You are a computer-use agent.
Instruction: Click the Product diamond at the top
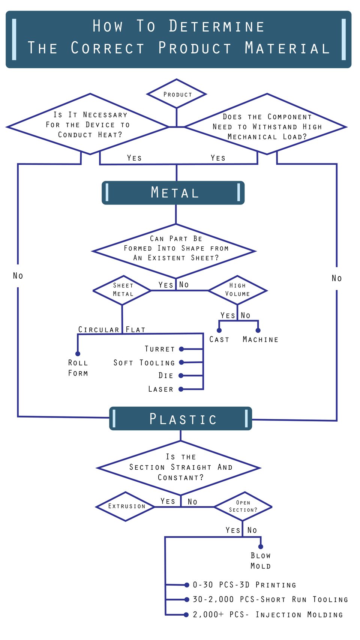tap(177, 94)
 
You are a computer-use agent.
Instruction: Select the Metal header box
tap(173, 193)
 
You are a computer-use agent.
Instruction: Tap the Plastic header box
tap(181, 419)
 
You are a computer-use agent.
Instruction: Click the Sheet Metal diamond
tap(123, 290)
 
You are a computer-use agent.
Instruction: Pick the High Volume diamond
tap(237, 290)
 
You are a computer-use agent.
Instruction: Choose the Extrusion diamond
tap(126, 506)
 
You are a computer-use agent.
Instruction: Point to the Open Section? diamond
tap(243, 506)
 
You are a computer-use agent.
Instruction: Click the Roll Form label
tap(78, 368)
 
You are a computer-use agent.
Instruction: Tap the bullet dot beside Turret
tap(181, 349)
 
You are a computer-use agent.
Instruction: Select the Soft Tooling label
tap(144, 363)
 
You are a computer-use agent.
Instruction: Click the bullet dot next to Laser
tap(181, 389)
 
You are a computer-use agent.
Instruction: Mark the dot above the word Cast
tap(219, 330)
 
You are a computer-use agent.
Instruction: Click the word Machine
tap(260, 340)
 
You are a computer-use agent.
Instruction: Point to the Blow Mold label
tap(261, 561)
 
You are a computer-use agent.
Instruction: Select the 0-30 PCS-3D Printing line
tap(244, 585)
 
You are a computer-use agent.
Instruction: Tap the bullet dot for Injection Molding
tap(186, 614)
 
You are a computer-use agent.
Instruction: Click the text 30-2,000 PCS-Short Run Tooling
tap(270, 599)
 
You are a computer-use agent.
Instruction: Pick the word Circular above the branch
tap(99, 329)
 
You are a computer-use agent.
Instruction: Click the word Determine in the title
tap(217, 27)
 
